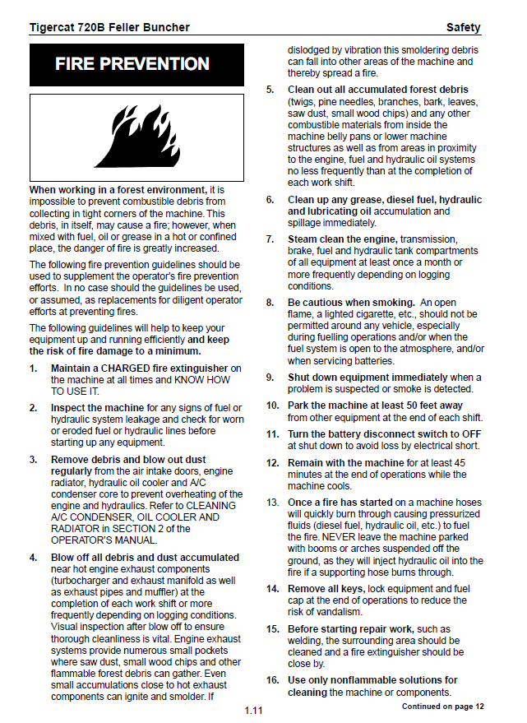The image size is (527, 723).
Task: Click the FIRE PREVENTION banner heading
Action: tap(132, 64)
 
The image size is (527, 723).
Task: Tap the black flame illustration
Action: tap(137, 133)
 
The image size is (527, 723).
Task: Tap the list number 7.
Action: tap(270, 239)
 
